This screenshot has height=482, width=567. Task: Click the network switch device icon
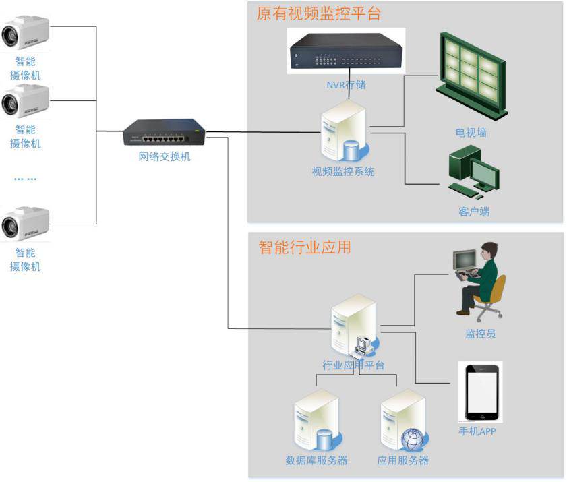164,132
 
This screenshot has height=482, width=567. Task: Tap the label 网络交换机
164,157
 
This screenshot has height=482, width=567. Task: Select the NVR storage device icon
346,52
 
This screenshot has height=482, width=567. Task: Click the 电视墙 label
471,133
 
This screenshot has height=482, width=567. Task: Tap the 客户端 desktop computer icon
473,173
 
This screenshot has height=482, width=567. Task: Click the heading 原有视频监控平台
318,13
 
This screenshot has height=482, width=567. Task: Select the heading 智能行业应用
305,247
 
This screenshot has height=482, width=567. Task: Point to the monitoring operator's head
489,251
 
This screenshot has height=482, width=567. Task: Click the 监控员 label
481,333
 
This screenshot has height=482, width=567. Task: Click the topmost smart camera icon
25,33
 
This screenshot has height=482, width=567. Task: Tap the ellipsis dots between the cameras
26,179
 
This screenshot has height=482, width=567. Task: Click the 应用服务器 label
402,460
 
